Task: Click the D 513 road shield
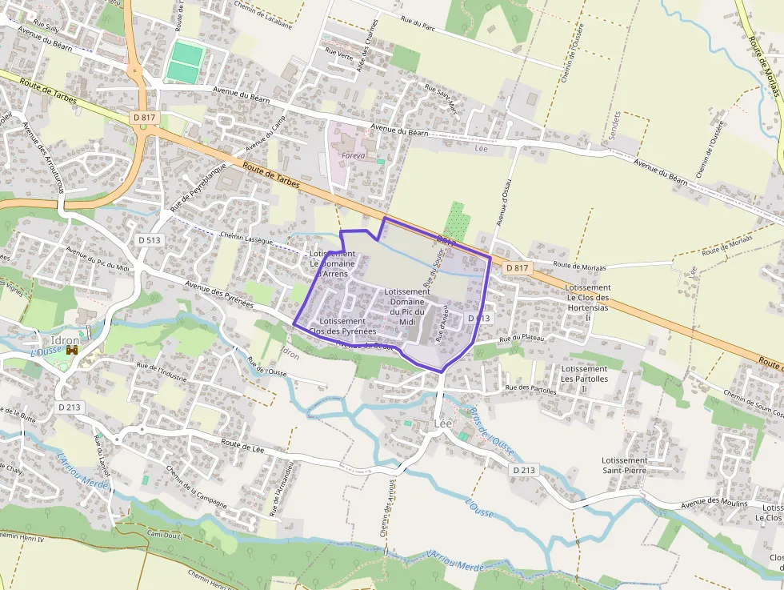tap(149, 239)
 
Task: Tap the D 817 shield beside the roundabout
tap(145, 118)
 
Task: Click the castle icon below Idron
tap(72, 351)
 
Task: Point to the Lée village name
tap(442, 422)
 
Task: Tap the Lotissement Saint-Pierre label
tap(624, 466)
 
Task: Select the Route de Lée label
tap(242, 449)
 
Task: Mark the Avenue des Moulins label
tap(714, 504)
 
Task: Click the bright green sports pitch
tap(186, 62)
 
